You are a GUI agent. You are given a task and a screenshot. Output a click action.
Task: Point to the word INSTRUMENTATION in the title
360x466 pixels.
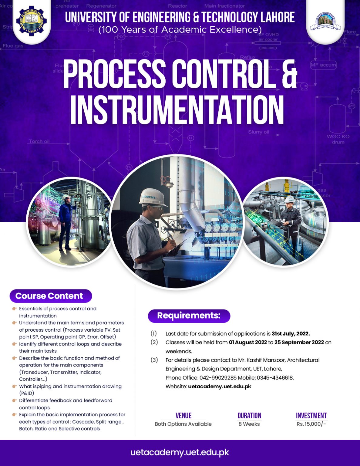tap(177, 110)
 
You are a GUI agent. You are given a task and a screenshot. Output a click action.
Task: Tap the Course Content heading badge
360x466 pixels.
tap(50, 296)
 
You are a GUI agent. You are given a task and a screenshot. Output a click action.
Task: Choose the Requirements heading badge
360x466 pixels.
tap(189, 316)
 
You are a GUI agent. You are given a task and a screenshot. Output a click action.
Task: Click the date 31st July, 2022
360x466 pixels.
tap(291, 334)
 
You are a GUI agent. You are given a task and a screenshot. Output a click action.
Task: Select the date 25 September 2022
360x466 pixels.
tap(299, 343)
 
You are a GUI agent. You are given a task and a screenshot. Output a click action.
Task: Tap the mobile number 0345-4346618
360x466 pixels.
tap(275, 378)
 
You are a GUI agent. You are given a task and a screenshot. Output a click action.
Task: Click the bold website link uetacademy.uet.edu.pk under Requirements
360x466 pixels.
tap(220, 387)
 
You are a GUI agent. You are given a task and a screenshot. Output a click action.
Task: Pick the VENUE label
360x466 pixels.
tap(183, 416)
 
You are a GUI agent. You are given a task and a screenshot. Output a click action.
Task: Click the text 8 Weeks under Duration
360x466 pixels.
tap(249, 424)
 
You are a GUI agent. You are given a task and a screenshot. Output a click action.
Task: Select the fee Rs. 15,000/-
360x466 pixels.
tap(311, 424)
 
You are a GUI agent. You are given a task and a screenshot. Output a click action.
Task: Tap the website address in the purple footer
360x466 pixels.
tap(180, 452)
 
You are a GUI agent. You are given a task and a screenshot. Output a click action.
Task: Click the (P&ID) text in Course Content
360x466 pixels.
tap(27, 393)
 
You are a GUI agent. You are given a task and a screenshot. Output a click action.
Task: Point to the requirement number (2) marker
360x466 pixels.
tap(154, 342)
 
